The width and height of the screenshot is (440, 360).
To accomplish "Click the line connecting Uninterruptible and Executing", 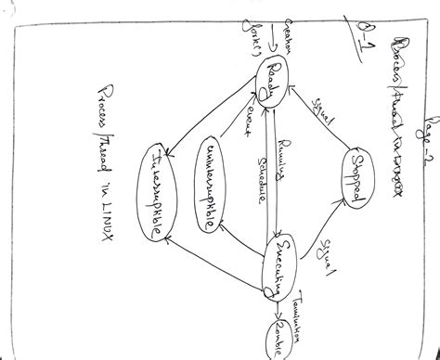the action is point(243,243).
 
